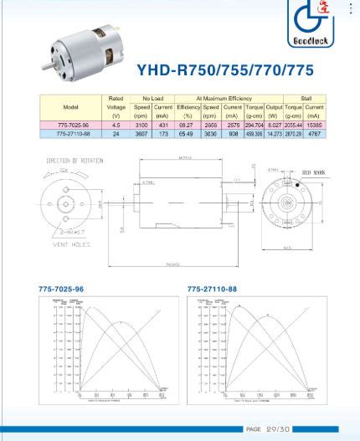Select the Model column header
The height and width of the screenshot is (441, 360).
tap(71, 107)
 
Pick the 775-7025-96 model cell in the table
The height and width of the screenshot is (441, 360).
tap(71, 124)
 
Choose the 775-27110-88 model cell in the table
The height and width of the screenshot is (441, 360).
tap(71, 133)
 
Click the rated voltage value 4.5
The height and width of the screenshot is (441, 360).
tap(116, 124)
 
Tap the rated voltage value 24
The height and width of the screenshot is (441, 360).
tap(116, 133)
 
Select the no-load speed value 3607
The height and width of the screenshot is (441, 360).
tap(142, 133)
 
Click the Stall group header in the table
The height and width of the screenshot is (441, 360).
tap(306, 99)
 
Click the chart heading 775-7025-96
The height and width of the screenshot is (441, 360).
tap(61, 289)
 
